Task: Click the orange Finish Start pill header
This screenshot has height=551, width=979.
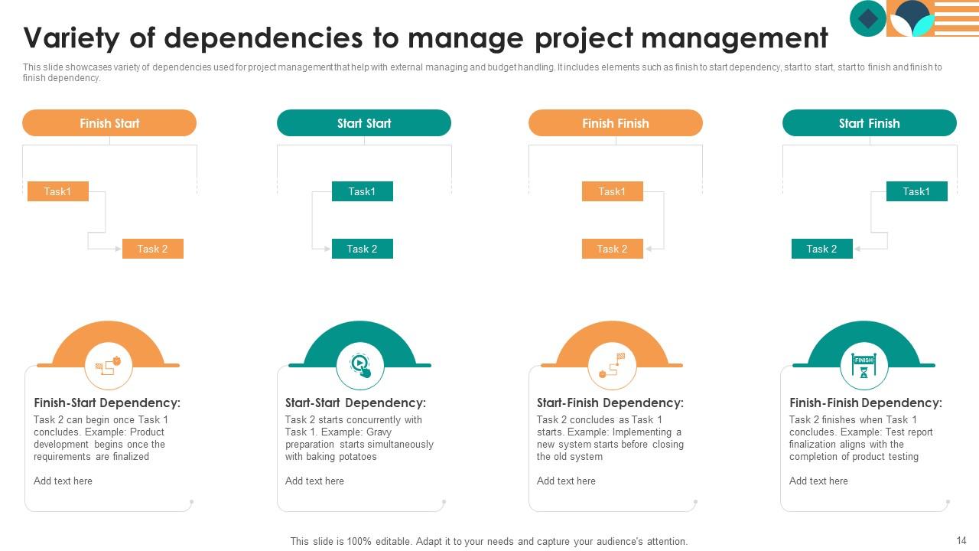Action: click(x=109, y=123)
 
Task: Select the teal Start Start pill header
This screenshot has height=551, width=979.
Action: click(x=363, y=123)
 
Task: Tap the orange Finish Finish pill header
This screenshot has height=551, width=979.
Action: click(x=615, y=123)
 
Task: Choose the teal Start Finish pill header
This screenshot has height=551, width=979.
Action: click(x=869, y=123)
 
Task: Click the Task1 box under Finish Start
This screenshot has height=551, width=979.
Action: click(x=57, y=191)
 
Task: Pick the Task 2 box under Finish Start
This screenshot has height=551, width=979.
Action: click(x=152, y=249)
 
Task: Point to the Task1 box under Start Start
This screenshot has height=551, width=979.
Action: click(x=362, y=191)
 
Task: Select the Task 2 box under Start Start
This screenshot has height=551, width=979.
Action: click(x=362, y=249)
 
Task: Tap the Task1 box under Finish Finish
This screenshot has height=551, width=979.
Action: click(x=612, y=191)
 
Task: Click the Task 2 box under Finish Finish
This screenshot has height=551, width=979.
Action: click(x=612, y=249)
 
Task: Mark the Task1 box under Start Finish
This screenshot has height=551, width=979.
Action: click(x=916, y=191)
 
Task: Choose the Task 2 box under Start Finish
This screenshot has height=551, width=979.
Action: click(x=821, y=249)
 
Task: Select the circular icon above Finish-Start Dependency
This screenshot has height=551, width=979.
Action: click(x=109, y=366)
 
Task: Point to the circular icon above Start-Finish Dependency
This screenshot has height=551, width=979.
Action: click(x=612, y=366)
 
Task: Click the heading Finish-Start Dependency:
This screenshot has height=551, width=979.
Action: click(x=107, y=403)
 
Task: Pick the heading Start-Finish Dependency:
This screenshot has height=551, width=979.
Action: click(x=610, y=403)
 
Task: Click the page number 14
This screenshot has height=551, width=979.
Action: click(x=961, y=540)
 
